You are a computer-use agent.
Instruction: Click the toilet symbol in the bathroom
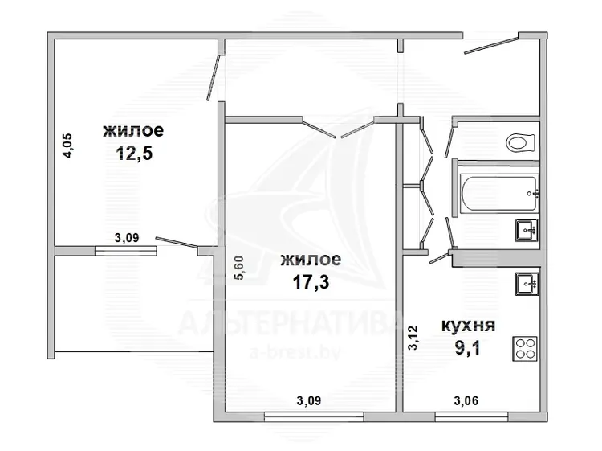click(521, 143)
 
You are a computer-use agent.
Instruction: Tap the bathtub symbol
click(499, 193)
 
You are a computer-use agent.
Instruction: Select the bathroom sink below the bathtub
click(527, 230)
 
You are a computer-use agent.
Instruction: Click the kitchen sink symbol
click(527, 284)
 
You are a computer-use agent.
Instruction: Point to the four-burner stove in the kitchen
click(524, 349)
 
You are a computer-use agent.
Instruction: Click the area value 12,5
click(134, 153)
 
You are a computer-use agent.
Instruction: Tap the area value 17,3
click(311, 283)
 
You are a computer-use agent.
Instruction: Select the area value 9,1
click(468, 349)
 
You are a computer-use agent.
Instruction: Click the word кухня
click(469, 326)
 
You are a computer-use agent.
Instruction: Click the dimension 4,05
click(67, 146)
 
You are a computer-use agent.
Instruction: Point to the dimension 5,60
click(238, 268)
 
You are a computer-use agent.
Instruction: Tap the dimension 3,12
click(413, 338)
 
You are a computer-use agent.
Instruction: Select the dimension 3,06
click(466, 401)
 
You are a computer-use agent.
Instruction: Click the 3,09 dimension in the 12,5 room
click(127, 238)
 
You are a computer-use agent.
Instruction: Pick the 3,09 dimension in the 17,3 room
click(309, 401)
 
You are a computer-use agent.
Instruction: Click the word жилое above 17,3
click(311, 260)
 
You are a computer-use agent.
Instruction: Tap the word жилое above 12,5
click(133, 130)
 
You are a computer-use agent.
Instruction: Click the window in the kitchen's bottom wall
click(472, 416)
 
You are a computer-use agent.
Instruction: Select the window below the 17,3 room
click(314, 416)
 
